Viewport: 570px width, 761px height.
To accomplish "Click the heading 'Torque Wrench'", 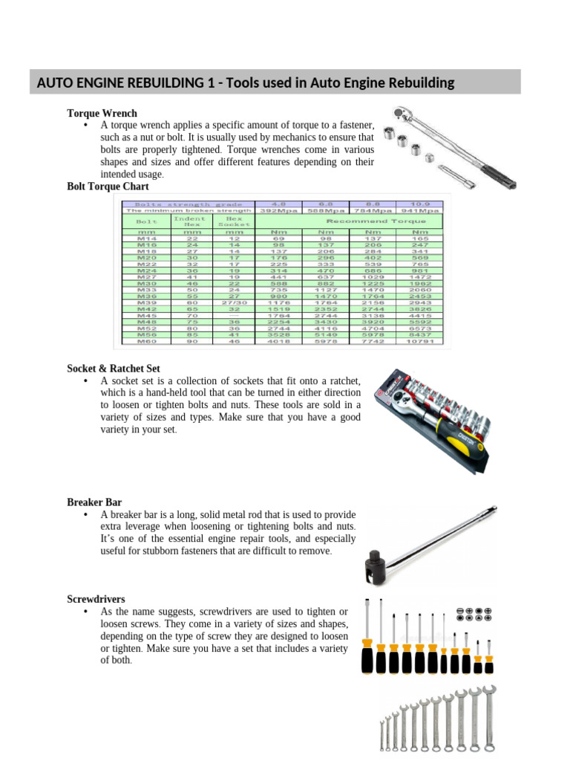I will [102, 113].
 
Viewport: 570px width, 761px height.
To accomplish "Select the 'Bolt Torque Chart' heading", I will [108, 187].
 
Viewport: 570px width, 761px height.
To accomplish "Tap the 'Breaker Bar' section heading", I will [94, 502].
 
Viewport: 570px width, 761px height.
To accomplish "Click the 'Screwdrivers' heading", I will [96, 599].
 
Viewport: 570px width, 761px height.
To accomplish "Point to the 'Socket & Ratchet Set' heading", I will [114, 369].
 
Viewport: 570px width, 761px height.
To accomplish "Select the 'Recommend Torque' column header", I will [371, 221].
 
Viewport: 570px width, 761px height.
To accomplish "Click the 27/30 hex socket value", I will [235, 302].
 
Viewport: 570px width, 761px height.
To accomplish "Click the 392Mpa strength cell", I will [279, 210].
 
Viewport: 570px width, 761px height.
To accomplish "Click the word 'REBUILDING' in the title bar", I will [126, 82].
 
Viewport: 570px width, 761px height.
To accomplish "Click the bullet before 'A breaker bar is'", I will [86, 515].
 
